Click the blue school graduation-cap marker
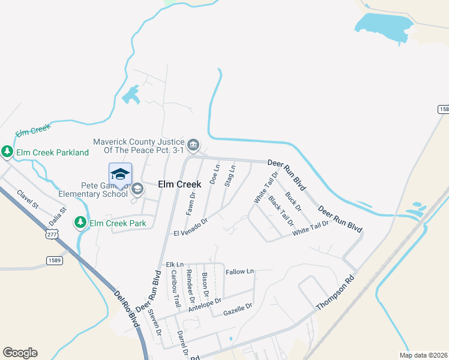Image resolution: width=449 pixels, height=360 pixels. coord(120,174)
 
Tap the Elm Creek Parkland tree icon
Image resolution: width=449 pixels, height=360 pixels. coord(7,152)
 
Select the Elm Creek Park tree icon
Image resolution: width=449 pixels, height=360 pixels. coord(80,223)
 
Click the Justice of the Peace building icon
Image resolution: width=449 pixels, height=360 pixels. coord(193,145)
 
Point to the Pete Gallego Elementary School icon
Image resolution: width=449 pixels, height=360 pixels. coord(137,190)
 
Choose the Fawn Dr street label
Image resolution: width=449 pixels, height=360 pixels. coord(191,203)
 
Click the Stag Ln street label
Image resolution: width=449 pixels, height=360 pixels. coord(229,176)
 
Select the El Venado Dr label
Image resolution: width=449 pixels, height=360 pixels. coord(190,227)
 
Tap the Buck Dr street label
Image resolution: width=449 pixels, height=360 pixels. coord(294,201)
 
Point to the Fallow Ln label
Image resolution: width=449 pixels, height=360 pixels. coord(240,272)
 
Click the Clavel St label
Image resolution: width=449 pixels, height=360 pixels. coord(28,200)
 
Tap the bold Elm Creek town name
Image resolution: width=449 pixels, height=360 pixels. coord(179,184)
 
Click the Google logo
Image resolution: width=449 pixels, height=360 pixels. coord(20,353)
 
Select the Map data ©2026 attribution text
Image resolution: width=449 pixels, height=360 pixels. coord(424,355)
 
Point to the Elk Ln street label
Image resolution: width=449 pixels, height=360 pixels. coord(175,264)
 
